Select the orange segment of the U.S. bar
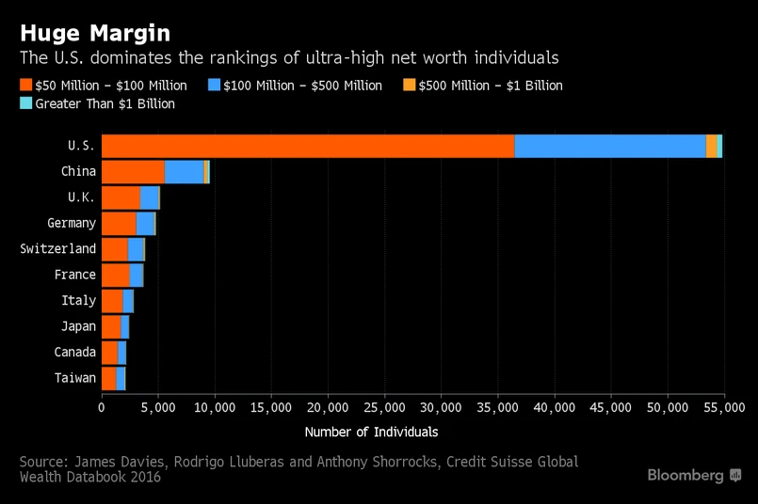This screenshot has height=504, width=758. click(308, 146)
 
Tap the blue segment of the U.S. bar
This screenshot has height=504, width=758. click(610, 146)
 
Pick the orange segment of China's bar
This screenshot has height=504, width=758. click(133, 172)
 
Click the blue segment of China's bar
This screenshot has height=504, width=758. click(184, 172)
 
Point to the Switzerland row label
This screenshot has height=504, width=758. click(58, 249)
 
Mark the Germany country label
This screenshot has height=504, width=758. click(72, 224)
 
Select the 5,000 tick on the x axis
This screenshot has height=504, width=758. click(158, 407)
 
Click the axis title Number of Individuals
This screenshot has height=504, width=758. click(371, 432)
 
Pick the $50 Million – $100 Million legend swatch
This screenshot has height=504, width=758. click(25, 86)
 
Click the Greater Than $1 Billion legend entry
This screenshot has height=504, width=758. click(105, 103)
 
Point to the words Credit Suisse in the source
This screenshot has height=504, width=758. click(484, 462)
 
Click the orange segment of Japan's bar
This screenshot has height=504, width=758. click(111, 326)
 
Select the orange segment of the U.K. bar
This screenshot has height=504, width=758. click(121, 197)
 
